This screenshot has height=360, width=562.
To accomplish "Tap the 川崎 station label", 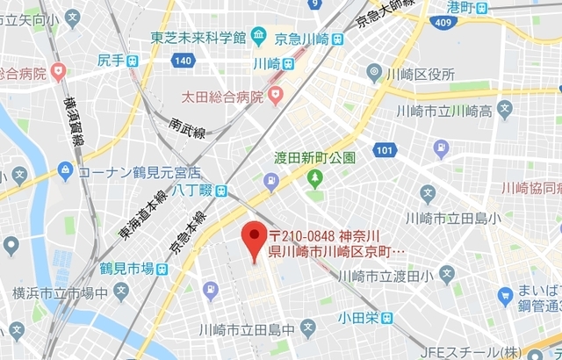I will (267, 63).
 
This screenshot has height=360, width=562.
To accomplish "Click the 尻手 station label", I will (111, 61).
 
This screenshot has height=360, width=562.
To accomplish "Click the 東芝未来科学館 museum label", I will (198, 37).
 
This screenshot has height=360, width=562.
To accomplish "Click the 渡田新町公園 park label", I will (313, 158).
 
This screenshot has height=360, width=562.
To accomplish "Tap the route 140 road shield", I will (182, 61).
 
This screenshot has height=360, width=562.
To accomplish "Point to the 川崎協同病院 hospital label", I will (530, 188).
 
